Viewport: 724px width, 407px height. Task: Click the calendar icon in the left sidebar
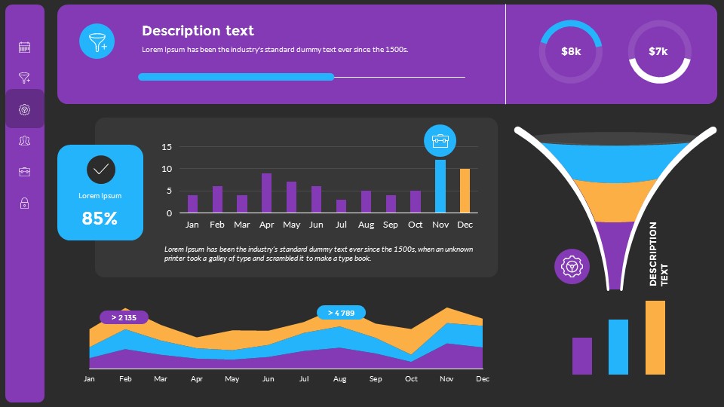[x=24, y=47]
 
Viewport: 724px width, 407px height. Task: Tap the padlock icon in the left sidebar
[x=24, y=203]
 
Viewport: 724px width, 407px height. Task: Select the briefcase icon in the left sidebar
[x=24, y=172]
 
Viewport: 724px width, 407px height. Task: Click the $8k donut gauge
[x=571, y=51]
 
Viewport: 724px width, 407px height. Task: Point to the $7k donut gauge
[x=658, y=51]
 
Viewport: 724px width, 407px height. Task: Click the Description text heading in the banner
[x=198, y=31]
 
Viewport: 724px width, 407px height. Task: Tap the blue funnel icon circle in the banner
[x=97, y=41]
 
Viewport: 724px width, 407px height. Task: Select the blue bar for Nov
[x=440, y=186]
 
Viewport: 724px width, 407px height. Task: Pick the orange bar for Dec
[x=465, y=191]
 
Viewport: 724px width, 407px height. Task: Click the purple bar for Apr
[x=266, y=193]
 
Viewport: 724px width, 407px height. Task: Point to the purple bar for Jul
[x=341, y=206]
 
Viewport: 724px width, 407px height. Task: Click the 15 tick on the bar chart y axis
[x=167, y=147]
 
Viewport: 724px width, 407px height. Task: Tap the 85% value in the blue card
[x=100, y=219]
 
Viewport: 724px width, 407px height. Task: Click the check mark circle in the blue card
[x=100, y=170]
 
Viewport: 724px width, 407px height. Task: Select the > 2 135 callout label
[x=124, y=317]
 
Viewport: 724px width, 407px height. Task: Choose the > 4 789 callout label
[x=341, y=313]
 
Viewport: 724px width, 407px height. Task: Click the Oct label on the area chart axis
[x=411, y=379]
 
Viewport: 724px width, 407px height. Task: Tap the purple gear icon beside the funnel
[x=572, y=266]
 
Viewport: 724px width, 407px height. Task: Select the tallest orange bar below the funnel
[x=655, y=338]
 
